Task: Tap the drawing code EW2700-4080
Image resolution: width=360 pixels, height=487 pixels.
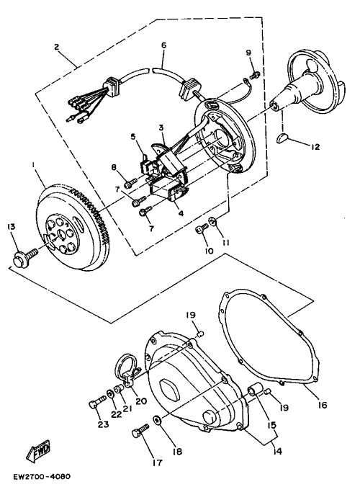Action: pos(42,476)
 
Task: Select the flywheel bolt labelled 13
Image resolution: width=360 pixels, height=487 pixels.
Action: pos(24,255)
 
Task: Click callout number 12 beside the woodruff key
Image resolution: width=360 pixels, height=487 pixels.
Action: pos(315,146)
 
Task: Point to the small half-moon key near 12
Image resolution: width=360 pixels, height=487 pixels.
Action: pos(282,138)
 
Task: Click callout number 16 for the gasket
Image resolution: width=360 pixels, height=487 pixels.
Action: pos(323,405)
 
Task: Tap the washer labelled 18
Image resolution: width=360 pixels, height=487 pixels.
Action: pos(158,421)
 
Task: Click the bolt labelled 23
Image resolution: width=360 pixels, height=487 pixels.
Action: pos(97,402)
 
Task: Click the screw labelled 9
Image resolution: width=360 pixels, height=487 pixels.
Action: pos(255,74)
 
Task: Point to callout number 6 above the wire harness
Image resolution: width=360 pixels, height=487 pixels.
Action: pos(164,45)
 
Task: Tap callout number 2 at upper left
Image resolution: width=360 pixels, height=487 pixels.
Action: pos(56,47)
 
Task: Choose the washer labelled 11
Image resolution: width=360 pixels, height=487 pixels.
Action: pos(212,221)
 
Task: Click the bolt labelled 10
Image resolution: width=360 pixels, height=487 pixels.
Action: pos(202,230)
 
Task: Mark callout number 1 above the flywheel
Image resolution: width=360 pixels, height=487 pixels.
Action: pos(34,164)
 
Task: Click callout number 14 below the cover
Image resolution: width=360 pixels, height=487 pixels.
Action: pos(278,451)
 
